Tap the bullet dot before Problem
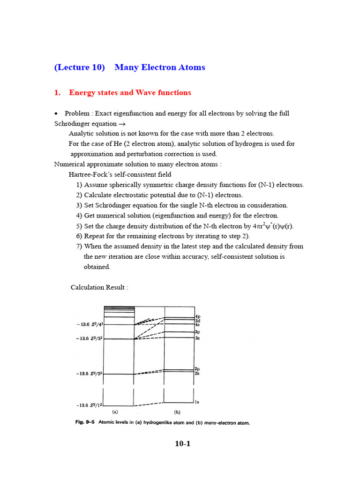tap(56, 113)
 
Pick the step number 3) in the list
tap(79, 205)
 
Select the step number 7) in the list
tap(79, 247)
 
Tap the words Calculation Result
tap(99, 287)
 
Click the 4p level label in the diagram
tap(198, 316)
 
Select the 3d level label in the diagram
tap(198, 321)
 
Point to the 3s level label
tap(198, 337)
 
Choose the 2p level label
tap(198, 369)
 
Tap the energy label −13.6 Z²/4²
tap(89, 324)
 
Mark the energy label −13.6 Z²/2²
tap(89, 374)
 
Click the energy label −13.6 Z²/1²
tap(89, 405)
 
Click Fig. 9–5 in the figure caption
tap(85, 423)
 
